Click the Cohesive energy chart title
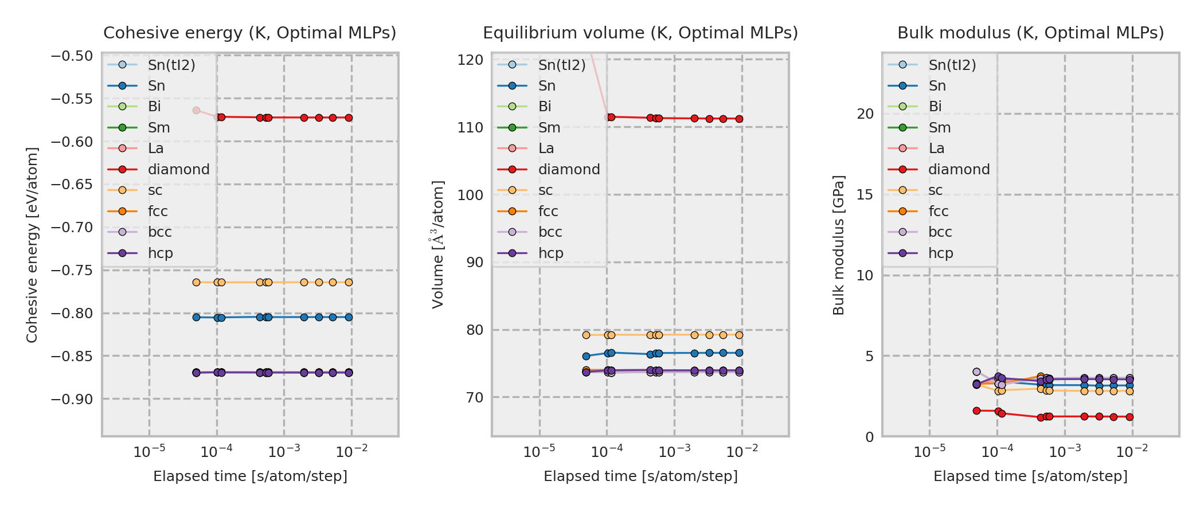click(x=249, y=33)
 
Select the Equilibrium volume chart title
click(x=640, y=33)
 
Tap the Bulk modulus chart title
click(x=1030, y=33)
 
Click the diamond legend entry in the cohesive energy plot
click(x=178, y=170)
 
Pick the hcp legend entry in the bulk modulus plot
click(x=940, y=253)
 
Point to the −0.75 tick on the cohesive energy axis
click(x=72, y=270)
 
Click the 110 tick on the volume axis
click(x=470, y=127)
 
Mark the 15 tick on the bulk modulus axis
click(x=865, y=194)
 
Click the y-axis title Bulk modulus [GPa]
click(x=839, y=245)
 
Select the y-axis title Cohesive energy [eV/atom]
click(x=32, y=245)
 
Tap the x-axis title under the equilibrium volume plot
click(x=640, y=476)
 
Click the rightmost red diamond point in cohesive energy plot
click(x=349, y=118)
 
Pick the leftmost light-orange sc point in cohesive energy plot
click(x=196, y=282)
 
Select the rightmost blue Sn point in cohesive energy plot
click(x=349, y=317)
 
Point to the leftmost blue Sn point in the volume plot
click(x=586, y=356)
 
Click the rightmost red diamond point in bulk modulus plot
click(x=1129, y=417)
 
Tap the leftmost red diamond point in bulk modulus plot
click(x=976, y=411)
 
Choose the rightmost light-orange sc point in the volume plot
click(x=739, y=335)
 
